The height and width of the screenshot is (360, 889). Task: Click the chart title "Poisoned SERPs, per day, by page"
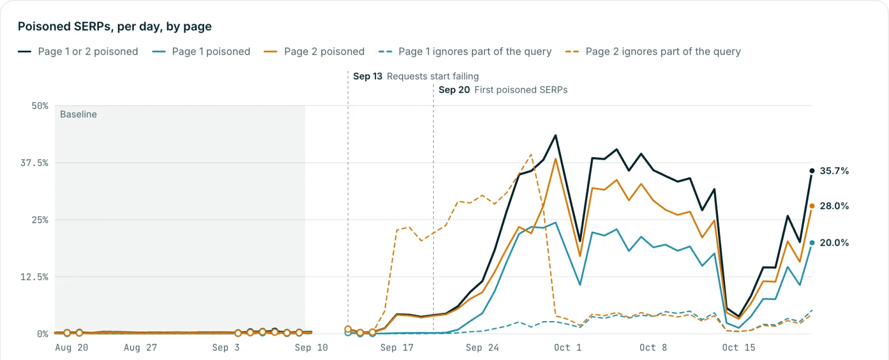(x=114, y=27)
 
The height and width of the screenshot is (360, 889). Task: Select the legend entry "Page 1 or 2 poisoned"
(x=78, y=52)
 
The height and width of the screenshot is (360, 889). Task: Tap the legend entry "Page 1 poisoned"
(x=201, y=52)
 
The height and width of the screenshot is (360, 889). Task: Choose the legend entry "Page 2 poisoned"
(x=314, y=52)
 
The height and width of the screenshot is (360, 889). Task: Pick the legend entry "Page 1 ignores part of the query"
(x=465, y=52)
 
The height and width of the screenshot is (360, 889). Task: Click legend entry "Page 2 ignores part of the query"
(x=653, y=52)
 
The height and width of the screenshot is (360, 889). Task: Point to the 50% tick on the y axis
(x=39, y=106)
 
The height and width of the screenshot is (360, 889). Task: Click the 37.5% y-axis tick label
(x=34, y=163)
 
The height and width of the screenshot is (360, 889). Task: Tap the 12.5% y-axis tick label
(x=34, y=277)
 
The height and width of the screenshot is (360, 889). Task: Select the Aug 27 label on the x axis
(x=141, y=348)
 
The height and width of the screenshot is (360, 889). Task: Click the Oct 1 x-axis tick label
(x=567, y=348)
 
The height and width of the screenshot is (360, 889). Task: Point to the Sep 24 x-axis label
(x=482, y=348)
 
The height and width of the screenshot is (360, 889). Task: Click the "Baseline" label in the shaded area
(x=78, y=114)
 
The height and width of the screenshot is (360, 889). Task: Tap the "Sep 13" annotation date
(x=367, y=76)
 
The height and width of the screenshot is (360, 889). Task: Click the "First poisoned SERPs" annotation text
(x=521, y=89)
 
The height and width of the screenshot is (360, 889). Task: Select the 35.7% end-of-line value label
(x=834, y=171)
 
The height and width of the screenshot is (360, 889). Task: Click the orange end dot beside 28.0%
(x=812, y=206)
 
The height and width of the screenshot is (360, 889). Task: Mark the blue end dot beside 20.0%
(x=812, y=243)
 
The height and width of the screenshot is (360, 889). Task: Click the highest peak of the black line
(x=555, y=136)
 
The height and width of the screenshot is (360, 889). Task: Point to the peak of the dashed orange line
(x=531, y=154)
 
